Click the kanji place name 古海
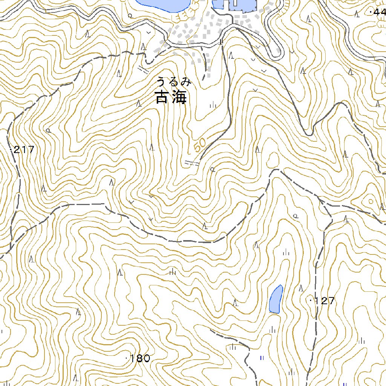pyautogui.click(x=171, y=97)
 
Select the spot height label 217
pyautogui.click(x=24, y=150)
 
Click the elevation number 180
pyautogui.click(x=140, y=358)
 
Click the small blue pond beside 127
pyautogui.click(x=276, y=299)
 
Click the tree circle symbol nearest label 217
pyautogui.click(x=48, y=130)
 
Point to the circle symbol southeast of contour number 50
pyautogui.click(x=213, y=169)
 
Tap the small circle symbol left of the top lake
pyautogui.click(x=130, y=16)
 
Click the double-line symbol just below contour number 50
pyautogui.click(x=192, y=163)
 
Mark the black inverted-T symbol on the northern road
pyautogui.click(x=221, y=42)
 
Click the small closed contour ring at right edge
pyautogui.click(x=371, y=201)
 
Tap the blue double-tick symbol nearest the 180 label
pyautogui.click(x=261, y=357)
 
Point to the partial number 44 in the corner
pyautogui.click(x=378, y=12)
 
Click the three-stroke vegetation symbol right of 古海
pyautogui.click(x=213, y=105)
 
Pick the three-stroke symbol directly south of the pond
pyautogui.click(x=272, y=330)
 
